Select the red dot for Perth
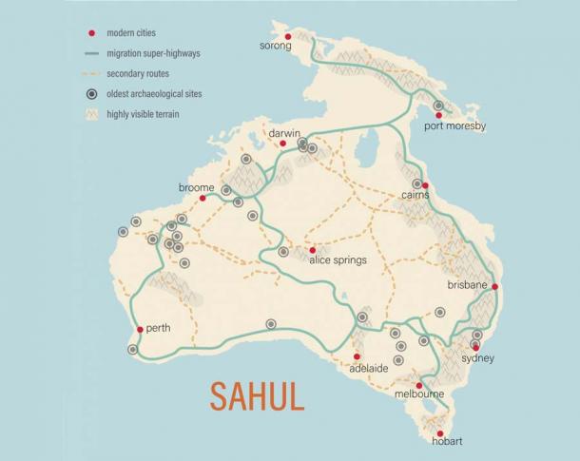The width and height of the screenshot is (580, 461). pos(140,330)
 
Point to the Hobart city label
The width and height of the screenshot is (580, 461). pos(446,441)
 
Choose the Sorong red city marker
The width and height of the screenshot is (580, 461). pos(288,37)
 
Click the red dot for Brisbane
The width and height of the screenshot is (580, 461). pos(495,286)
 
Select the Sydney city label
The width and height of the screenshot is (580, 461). pos(477,359)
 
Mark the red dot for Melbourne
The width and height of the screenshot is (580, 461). pos(419,385)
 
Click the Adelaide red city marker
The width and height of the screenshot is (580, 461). pos(358,357)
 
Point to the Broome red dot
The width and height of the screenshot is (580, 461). pos(203,199)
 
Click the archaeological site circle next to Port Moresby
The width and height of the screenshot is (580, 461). pos(438,106)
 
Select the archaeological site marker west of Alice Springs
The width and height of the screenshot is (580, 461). pos(283,252)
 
